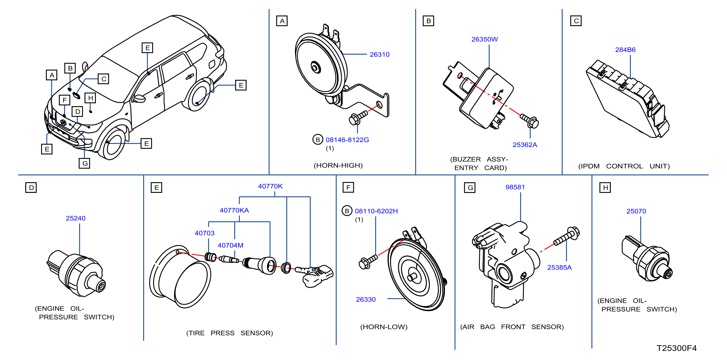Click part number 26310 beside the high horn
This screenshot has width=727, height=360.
380,54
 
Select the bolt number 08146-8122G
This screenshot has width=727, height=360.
347,140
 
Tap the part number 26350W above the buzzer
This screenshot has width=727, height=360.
485,39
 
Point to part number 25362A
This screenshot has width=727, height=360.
525,145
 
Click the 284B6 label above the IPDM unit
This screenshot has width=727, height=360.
625,50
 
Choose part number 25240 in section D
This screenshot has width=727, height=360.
76,218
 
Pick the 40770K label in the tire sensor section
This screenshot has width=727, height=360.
270,186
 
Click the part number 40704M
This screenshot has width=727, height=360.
230,245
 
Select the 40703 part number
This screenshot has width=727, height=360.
205,233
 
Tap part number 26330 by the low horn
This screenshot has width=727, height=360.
366,299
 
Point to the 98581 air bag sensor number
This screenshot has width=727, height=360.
515,187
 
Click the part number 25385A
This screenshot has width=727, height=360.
559,267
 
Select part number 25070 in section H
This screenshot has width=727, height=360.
636,211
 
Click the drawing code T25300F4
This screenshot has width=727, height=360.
677,348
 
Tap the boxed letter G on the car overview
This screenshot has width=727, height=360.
84,163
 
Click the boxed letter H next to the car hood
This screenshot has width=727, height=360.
90,98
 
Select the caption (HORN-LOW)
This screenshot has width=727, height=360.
384,327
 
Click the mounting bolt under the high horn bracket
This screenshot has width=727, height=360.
358,118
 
